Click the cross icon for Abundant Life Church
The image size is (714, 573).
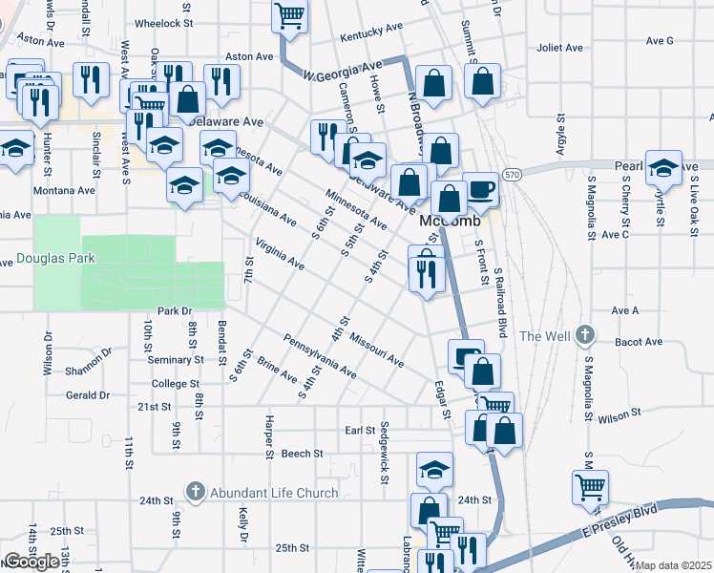coord(195,493)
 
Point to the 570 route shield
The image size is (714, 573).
coord(513,176)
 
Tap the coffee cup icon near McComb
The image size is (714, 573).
coord(481,190)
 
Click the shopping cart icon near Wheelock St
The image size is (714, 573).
coord(289,15)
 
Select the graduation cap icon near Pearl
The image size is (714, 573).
coord(662,168)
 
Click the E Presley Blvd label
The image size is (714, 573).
coord(625,517)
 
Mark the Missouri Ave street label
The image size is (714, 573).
coord(376,350)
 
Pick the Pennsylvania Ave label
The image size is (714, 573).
coord(320,355)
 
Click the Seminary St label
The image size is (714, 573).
coord(176,360)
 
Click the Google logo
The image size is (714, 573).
coord(31,561)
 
